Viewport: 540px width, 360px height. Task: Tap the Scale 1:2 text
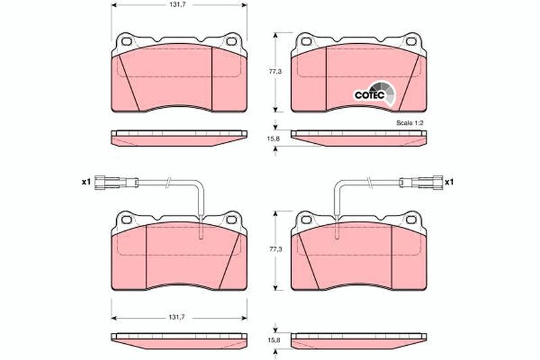(410, 123)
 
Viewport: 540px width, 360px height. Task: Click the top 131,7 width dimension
(179, 5)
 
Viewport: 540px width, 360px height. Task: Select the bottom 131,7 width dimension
(179, 317)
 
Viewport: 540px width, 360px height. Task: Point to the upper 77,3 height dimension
(275, 72)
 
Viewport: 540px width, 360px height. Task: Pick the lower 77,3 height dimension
(275, 249)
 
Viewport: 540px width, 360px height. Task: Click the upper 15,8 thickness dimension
(275, 138)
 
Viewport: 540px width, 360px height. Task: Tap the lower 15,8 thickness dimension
(275, 340)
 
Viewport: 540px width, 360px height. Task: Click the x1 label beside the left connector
(86, 182)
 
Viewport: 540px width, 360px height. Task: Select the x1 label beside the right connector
(449, 182)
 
